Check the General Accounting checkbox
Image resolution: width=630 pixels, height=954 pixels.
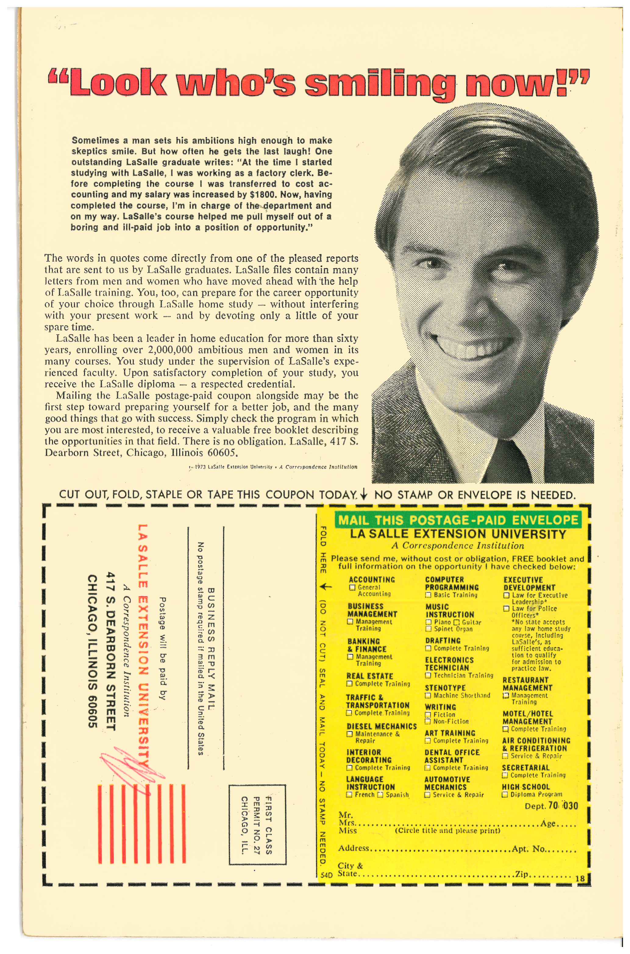(352, 588)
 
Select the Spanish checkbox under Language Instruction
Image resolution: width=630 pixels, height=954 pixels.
(380, 795)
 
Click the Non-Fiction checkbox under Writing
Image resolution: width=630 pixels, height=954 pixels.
(428, 722)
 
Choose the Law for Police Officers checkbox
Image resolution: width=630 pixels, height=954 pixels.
(507, 609)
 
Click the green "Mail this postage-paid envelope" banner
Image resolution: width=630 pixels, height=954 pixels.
(458, 520)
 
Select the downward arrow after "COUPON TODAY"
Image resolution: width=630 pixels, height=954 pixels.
(364, 495)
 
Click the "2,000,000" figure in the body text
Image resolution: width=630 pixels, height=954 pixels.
(170, 350)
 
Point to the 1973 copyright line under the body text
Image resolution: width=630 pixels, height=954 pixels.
(273, 467)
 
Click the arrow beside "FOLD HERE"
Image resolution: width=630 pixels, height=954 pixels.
(326, 587)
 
